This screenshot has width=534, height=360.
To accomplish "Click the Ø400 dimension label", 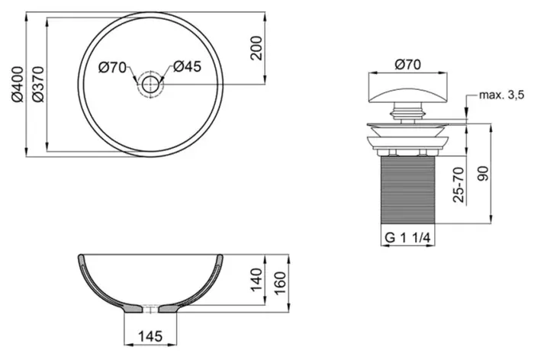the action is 17,85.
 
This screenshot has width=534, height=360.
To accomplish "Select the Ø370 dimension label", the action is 38,85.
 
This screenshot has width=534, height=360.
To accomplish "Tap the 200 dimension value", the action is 256,48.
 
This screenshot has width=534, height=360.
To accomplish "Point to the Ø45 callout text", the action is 188,66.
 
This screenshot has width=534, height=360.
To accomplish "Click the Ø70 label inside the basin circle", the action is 113,67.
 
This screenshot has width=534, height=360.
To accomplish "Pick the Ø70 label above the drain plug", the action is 408,64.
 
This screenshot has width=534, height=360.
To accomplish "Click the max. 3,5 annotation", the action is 502,95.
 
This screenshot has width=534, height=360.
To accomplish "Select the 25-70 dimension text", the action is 458,185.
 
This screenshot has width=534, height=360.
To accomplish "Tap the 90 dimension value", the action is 483,174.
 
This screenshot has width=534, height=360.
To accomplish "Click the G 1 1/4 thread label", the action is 407,237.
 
